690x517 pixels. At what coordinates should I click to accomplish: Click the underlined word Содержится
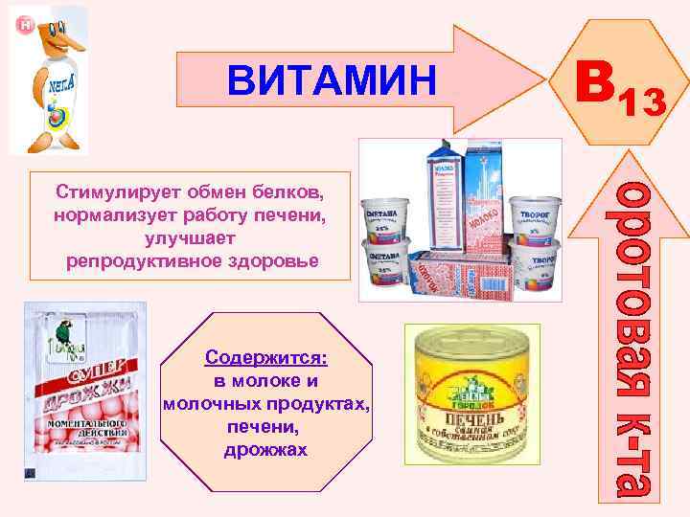[x=265, y=357]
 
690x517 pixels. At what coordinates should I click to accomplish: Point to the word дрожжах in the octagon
[x=265, y=449]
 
